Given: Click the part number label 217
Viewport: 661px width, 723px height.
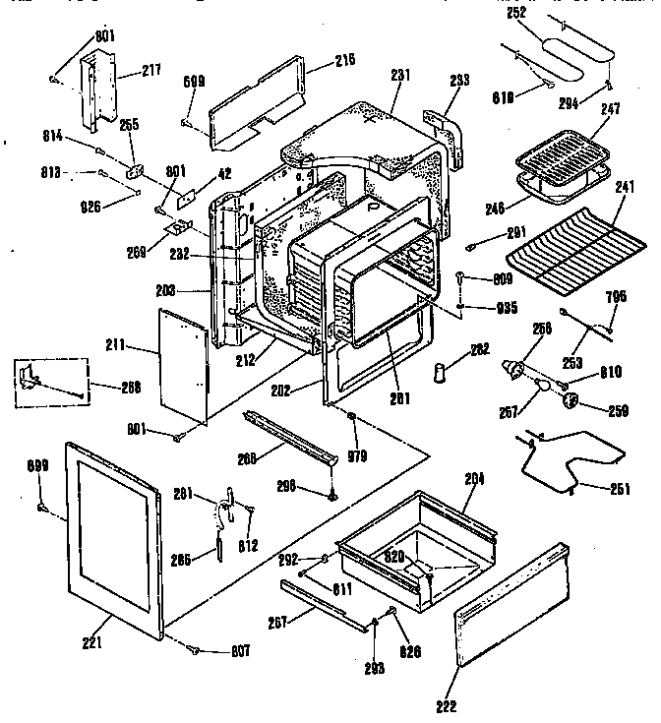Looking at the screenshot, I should tap(150, 71).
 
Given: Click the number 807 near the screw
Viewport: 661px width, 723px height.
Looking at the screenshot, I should tap(239, 650).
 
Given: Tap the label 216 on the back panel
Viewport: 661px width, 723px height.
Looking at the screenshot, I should tap(317, 60).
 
